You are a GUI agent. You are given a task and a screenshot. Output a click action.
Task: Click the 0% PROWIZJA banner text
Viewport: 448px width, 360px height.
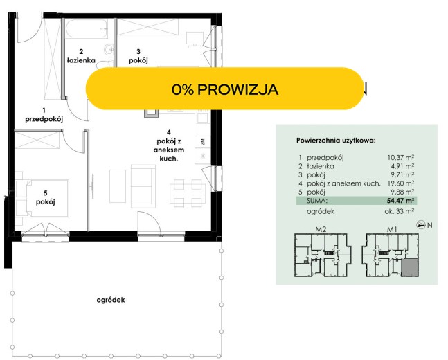(224, 89)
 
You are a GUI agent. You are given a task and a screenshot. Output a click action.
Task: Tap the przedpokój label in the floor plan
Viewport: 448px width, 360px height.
(44, 119)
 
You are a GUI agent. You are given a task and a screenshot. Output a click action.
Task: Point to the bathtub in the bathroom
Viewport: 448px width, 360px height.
(87, 28)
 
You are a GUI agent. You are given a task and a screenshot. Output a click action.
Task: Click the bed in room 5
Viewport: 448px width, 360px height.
(42, 198)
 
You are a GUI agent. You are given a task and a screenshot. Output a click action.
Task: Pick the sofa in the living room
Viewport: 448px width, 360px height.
(143, 186)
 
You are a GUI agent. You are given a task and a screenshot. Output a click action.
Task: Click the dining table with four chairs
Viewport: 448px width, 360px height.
(188, 193)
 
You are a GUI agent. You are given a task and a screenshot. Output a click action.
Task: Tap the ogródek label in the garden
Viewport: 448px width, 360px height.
(111, 300)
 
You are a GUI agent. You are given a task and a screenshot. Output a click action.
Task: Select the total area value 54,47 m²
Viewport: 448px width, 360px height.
(401, 201)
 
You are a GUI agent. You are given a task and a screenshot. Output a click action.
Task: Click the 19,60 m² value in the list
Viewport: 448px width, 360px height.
(401, 183)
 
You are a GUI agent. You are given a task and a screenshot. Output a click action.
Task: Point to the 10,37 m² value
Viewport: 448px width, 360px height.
(401, 157)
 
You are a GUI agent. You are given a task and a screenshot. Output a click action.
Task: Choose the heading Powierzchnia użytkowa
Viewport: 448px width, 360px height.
(336, 141)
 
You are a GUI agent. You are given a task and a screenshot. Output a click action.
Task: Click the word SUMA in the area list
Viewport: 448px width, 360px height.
(317, 201)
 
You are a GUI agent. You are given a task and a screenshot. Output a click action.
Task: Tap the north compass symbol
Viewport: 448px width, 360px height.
(421, 225)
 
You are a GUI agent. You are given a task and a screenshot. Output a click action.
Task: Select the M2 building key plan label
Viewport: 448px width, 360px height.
(321, 229)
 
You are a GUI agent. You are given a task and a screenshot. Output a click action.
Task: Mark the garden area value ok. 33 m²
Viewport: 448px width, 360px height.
(400, 211)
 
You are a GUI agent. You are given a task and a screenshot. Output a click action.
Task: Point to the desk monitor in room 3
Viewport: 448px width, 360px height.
(195, 39)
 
